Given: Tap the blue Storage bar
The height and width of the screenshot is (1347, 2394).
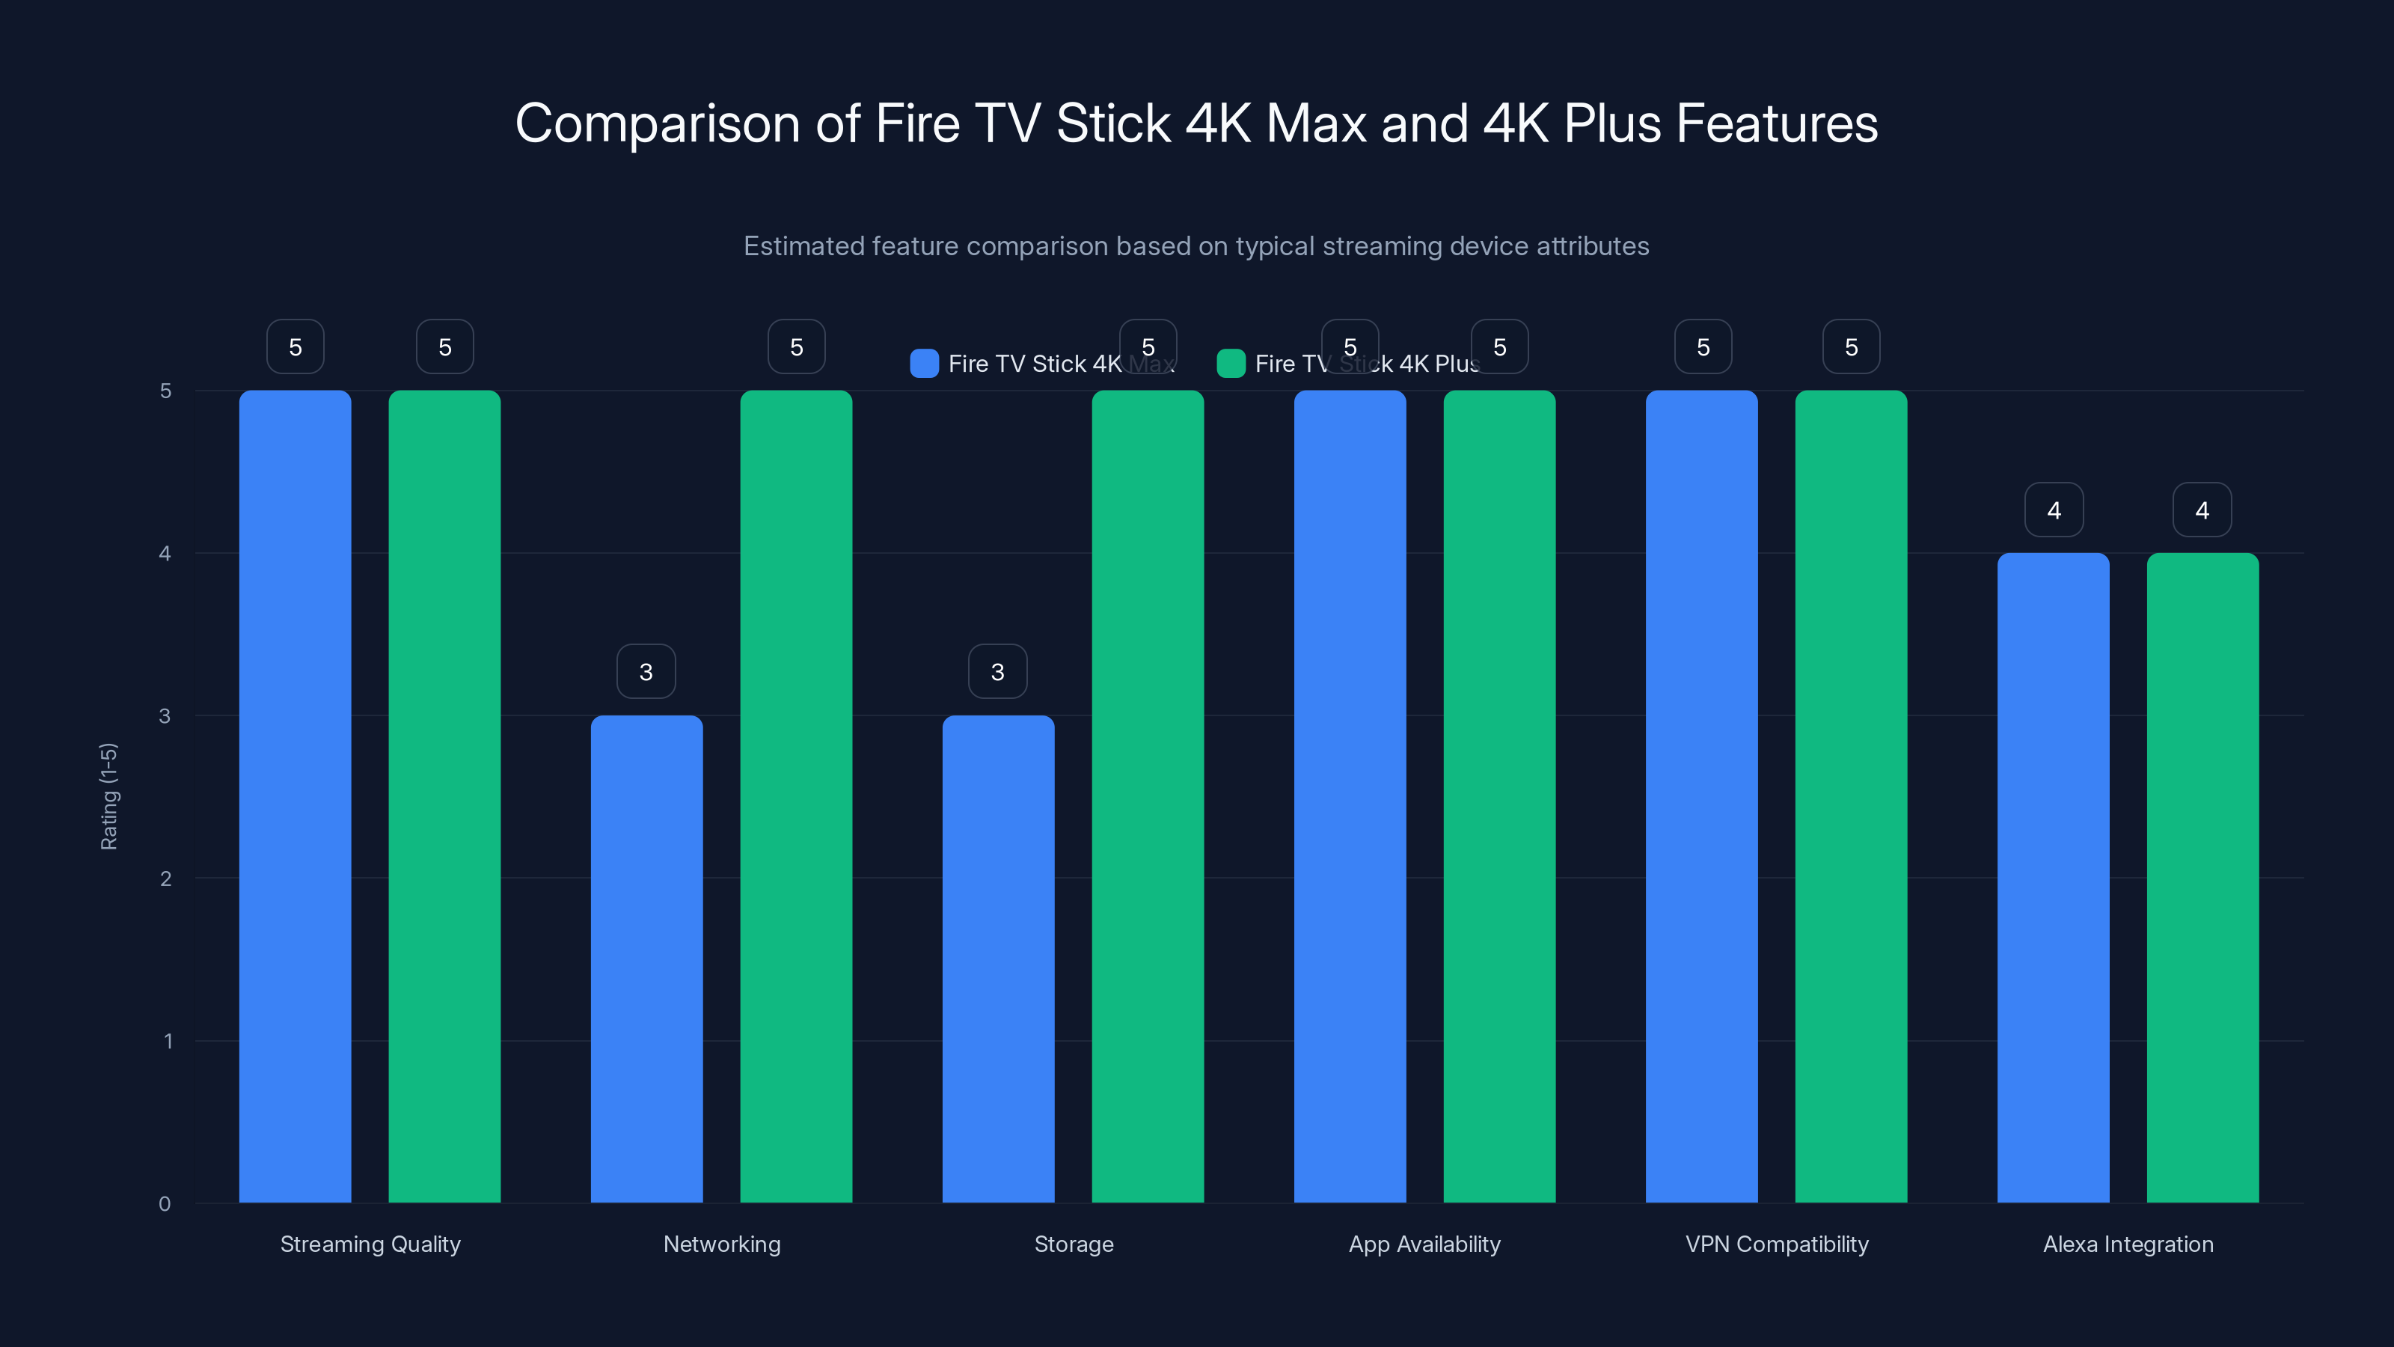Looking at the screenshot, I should pos(998,958).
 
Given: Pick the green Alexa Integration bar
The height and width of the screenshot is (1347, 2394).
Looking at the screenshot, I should pos(2202,878).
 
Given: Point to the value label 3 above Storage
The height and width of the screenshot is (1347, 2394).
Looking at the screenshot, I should pos(997,671).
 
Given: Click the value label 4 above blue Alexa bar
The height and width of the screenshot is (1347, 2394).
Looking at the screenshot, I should pos(2054,510).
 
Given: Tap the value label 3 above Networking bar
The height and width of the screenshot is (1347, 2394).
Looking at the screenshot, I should pos(646,671).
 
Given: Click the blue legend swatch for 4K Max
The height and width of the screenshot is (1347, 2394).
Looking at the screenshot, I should pos(924,364).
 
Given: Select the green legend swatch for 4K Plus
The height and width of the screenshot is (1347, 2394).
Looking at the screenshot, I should pos(1231,364).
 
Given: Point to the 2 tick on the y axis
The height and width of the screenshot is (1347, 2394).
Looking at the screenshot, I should pos(165,879).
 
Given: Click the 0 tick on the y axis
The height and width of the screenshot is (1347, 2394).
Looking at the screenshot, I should pos(165,1204).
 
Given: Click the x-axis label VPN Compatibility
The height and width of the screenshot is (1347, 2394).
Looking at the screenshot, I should pos(1776,1244).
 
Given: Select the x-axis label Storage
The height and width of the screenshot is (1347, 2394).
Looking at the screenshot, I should pos(1074,1244).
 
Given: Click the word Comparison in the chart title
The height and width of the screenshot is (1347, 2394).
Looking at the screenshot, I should pos(657,123).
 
